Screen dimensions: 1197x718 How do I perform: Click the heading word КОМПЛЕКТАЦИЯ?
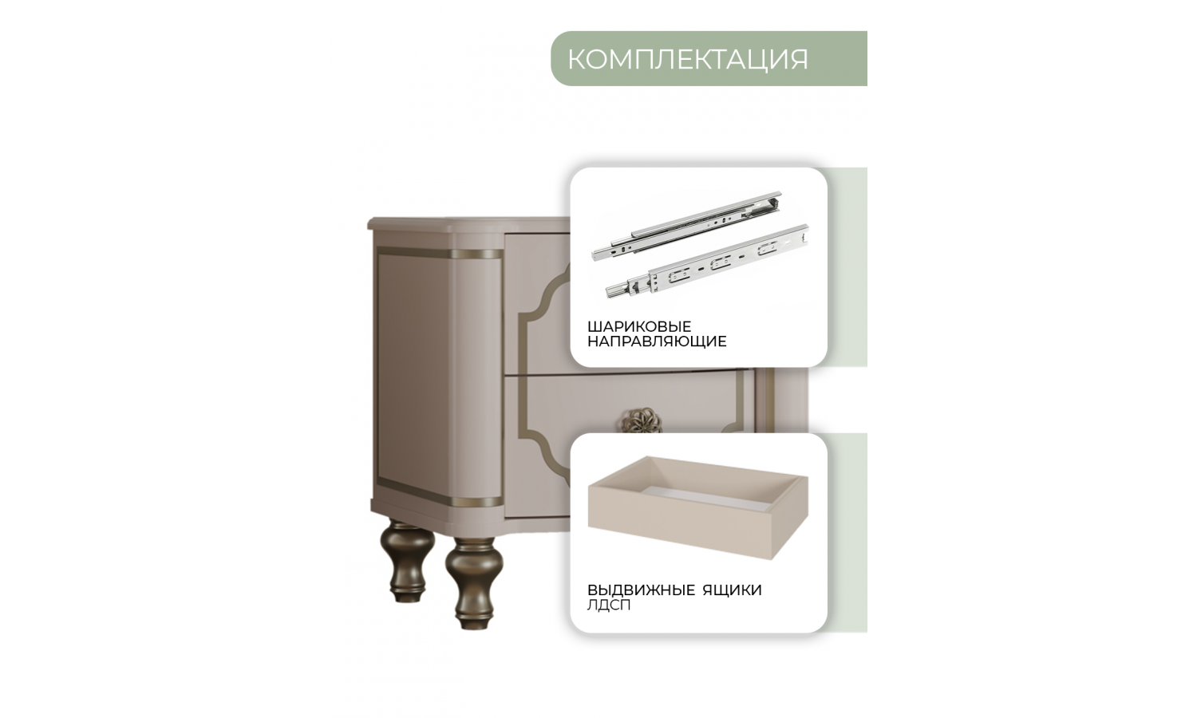688,59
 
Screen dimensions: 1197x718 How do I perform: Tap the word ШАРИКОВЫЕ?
639,325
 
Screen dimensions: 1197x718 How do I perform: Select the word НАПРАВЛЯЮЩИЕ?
657,341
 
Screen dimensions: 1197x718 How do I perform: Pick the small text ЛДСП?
609,606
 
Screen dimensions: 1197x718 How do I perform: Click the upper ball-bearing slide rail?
686,226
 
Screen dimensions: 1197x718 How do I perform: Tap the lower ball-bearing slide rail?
707,261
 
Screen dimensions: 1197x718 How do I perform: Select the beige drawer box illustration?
698,507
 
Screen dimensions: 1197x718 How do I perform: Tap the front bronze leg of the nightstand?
474,582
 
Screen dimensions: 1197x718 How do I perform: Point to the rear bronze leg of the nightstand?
408,560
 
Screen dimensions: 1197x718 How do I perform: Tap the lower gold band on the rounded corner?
477,502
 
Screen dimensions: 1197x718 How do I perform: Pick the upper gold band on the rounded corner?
477,254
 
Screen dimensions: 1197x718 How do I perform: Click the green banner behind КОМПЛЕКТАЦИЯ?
709,58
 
